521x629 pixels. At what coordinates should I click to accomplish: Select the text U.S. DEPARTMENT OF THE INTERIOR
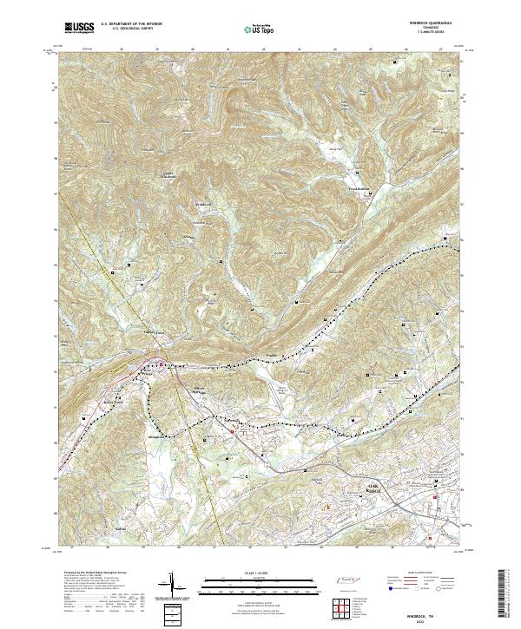131,23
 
